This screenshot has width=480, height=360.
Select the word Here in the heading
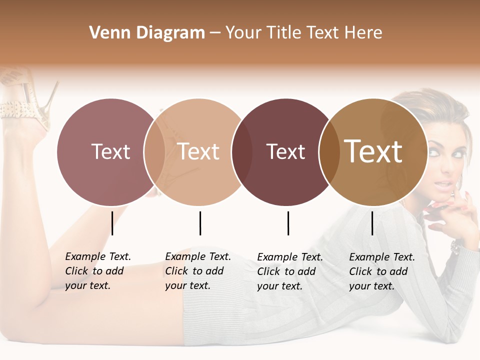coord(364,33)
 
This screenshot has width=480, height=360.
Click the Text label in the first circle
coord(110,151)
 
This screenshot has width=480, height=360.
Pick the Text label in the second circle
coord(198,151)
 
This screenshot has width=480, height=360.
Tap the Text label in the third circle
coord(285,152)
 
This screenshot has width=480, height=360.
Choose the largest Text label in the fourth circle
coord(373,151)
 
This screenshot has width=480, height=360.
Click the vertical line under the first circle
coord(112,223)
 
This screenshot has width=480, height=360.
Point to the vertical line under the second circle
coord(200,223)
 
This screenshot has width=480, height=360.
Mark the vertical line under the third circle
coord(288,223)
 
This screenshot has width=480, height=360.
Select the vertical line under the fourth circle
coord(372,223)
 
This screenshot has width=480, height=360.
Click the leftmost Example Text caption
coord(98,271)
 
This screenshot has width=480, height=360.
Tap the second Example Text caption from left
coord(198,271)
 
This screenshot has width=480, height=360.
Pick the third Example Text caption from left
coord(290,271)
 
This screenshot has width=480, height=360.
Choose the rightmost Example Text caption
coord(382,271)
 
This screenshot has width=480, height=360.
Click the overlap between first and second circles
coord(154,152)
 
